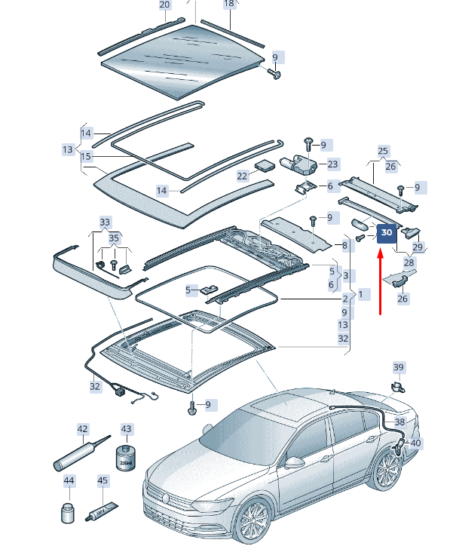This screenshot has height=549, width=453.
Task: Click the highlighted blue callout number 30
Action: pyautogui.click(x=387, y=233)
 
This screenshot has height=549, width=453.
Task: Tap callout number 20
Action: pyautogui.click(x=165, y=5)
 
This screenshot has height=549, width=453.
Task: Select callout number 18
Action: pyautogui.click(x=229, y=4)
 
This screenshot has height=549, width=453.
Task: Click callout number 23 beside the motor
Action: pyautogui.click(x=332, y=164)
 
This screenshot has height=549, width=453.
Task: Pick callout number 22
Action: pyautogui.click(x=242, y=176)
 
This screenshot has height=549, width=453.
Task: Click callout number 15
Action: pyautogui.click(x=86, y=157)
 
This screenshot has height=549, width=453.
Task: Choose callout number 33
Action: pyautogui.click(x=105, y=222)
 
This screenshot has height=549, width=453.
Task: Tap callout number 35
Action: pyautogui.click(x=114, y=238)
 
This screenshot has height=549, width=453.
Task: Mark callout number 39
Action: pyautogui.click(x=399, y=367)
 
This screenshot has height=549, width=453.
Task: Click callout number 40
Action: pyautogui.click(x=415, y=443)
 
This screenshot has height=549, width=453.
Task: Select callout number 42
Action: pyautogui.click(x=83, y=429)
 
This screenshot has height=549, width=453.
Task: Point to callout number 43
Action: pyautogui.click(x=126, y=429)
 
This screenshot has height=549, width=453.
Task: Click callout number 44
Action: pyautogui.click(x=69, y=480)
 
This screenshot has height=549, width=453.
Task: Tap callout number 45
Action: pyautogui.click(x=103, y=480)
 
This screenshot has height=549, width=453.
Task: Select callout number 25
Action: pyautogui.click(x=383, y=151)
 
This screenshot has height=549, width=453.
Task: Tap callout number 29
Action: pyautogui.click(x=417, y=247)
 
